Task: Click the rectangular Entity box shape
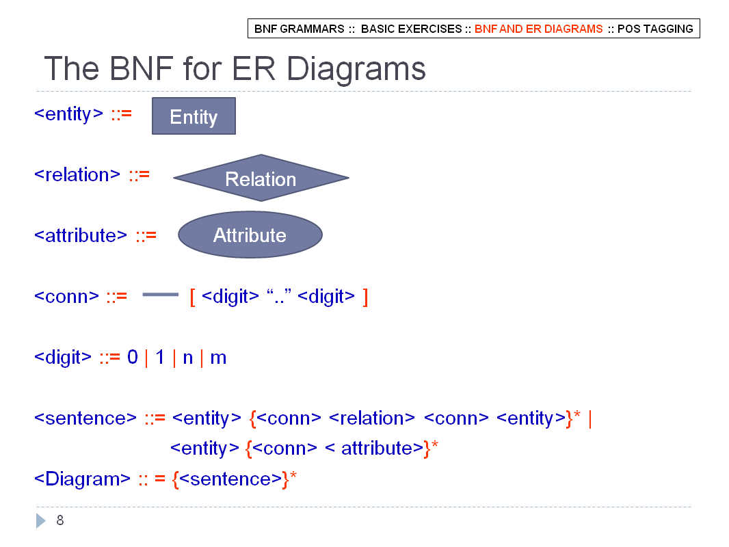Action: [194, 116]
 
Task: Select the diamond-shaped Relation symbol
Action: [261, 178]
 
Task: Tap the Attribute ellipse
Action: [250, 235]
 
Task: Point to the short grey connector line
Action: [161, 294]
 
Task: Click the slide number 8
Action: [60, 520]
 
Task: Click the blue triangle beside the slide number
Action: [41, 520]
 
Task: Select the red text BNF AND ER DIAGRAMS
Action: [538, 29]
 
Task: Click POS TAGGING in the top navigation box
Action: [655, 29]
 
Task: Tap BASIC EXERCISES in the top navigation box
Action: [412, 29]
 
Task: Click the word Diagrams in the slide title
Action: [356, 69]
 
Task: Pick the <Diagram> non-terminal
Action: [82, 479]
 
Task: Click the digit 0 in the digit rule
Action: [133, 357]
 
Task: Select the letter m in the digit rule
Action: [218, 358]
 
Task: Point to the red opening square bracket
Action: [192, 297]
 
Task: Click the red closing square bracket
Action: [365, 297]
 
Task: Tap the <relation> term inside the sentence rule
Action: [371, 418]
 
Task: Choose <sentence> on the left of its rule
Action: [85, 418]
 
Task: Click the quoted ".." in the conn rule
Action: [279, 296]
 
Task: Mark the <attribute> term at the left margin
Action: [81, 236]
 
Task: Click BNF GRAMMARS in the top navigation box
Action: [299, 29]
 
